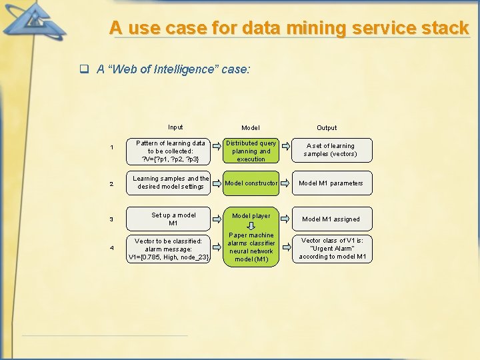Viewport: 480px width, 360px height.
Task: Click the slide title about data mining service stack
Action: point(289,28)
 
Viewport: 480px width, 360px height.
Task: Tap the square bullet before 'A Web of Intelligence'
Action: point(85,69)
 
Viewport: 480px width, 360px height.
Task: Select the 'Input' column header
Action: point(175,127)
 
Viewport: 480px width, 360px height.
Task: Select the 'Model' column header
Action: point(251,127)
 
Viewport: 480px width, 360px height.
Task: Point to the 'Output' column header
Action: point(327,127)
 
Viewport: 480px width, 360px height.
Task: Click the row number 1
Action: point(111,147)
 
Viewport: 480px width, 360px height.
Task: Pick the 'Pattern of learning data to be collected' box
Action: point(170,151)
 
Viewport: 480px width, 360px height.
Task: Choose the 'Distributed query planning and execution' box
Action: point(251,151)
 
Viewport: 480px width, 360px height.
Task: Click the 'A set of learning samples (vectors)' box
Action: point(331,150)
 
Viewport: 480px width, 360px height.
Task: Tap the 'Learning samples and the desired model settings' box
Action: point(170,183)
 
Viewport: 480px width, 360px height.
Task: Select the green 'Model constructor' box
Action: point(251,183)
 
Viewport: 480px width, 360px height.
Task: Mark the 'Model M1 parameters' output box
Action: point(331,183)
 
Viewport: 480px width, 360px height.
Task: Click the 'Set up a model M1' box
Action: point(170,219)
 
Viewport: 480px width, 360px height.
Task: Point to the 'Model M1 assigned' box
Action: point(331,219)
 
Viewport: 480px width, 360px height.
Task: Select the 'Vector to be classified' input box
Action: point(170,249)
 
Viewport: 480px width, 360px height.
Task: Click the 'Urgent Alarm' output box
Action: point(331,249)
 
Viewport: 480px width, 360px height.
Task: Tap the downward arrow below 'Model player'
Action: point(251,225)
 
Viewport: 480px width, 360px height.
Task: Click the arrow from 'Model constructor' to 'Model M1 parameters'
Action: point(285,183)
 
